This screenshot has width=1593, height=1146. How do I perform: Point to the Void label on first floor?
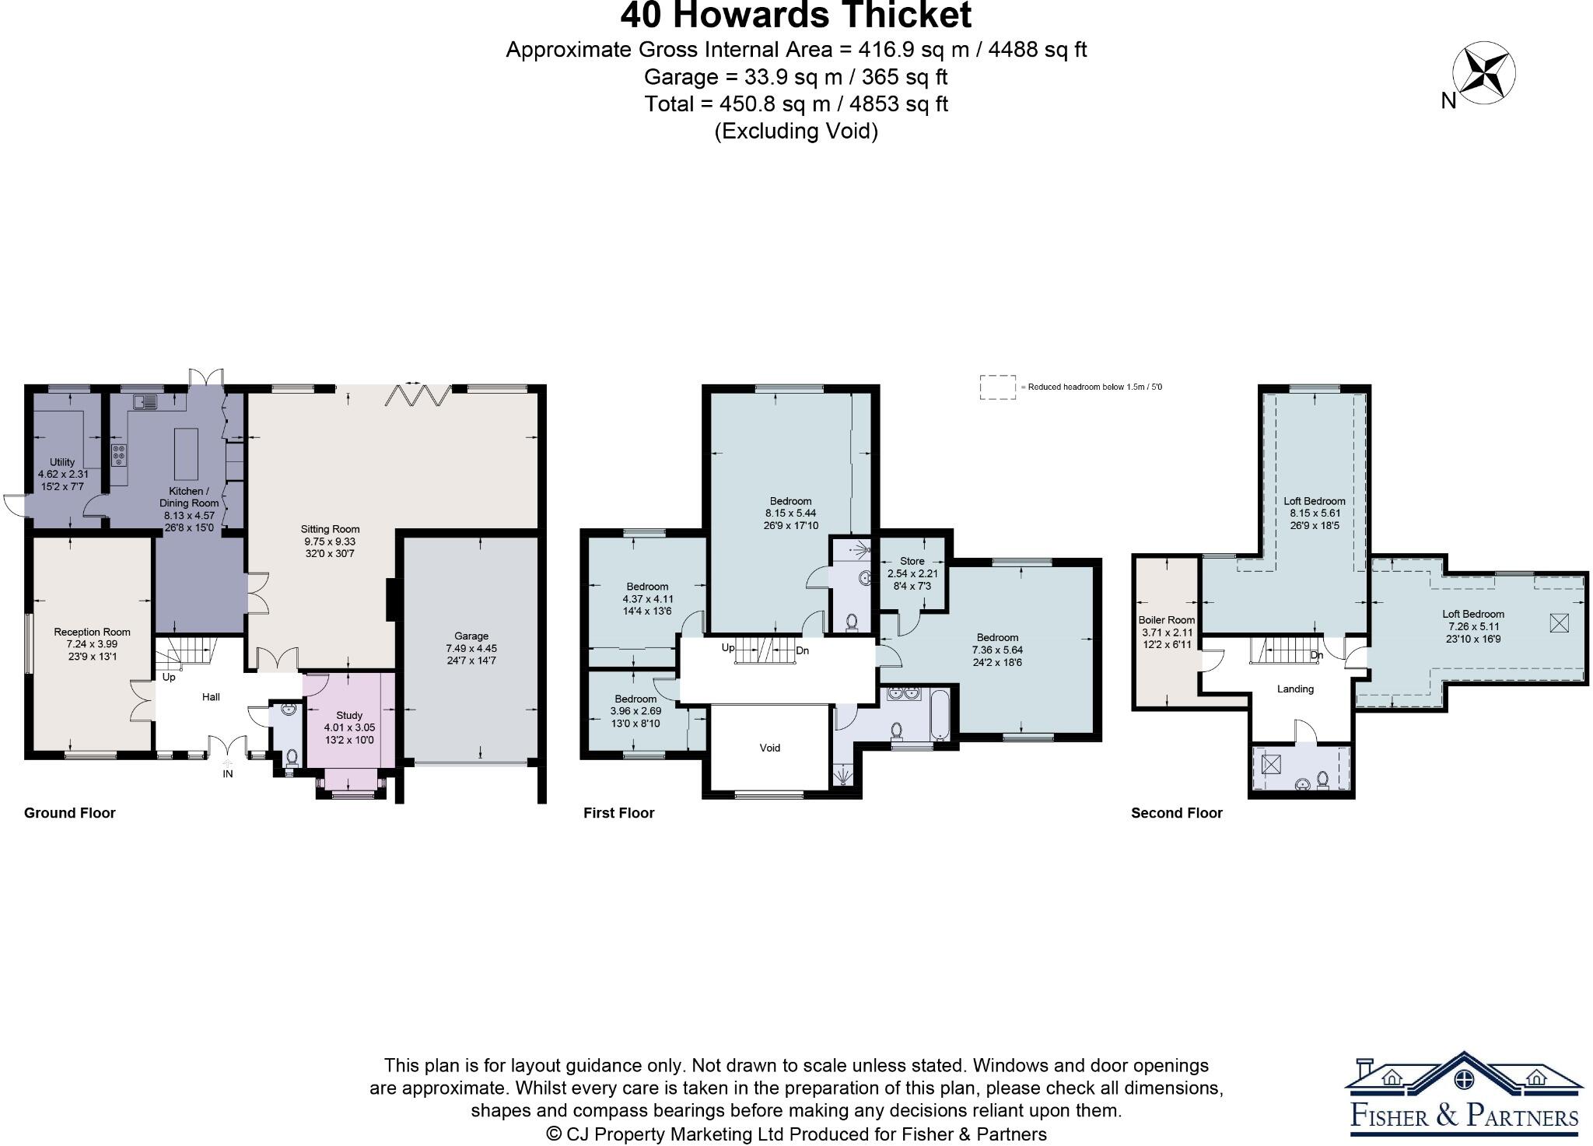tap(769, 748)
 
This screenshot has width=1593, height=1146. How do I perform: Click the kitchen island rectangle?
tap(186, 454)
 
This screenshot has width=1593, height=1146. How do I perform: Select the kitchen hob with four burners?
tap(119, 454)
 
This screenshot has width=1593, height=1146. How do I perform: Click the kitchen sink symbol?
tap(145, 402)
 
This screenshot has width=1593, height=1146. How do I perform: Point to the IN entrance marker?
tap(227, 773)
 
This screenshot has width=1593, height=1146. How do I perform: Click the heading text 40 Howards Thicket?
tap(796, 16)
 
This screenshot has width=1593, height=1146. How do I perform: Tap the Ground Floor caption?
tap(69, 813)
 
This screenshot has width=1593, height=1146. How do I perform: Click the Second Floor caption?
tap(1176, 813)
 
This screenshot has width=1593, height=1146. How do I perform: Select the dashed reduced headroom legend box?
tap(997, 387)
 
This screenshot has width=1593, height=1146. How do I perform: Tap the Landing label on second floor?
tap(1295, 689)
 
